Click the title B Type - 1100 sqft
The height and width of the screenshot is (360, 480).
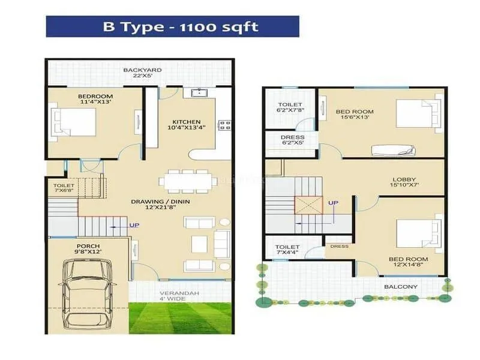(x=172, y=26)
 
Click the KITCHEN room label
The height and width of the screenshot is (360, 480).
(x=186, y=122)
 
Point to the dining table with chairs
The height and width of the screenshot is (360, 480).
(x=188, y=179)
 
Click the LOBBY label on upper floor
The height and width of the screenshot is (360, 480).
(x=404, y=179)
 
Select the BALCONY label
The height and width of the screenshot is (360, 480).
(x=400, y=287)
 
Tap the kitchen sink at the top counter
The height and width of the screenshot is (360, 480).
(x=197, y=93)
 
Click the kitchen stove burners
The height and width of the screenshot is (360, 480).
(x=226, y=125)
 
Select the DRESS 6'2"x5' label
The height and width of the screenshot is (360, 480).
(x=292, y=140)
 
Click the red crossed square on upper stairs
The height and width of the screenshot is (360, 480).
(x=308, y=206)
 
